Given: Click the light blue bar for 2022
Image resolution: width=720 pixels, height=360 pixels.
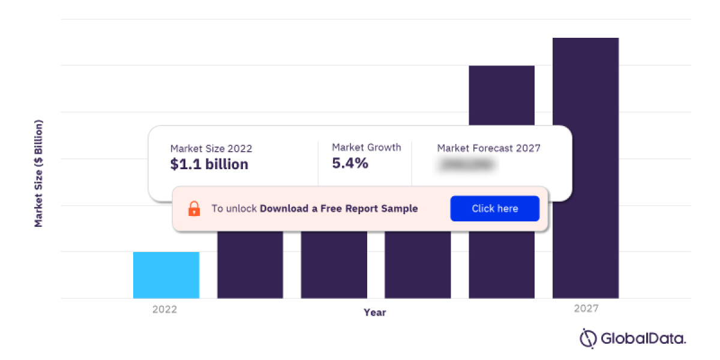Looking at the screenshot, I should (166, 275).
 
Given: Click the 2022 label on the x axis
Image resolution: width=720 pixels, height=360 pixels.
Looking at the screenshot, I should (164, 310).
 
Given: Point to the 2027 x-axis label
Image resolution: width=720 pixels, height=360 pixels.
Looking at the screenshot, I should (586, 309).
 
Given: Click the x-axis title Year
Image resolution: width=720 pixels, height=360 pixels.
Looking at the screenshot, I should (375, 313).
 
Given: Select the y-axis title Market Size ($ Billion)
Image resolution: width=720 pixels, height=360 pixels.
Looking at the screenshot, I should (39, 173).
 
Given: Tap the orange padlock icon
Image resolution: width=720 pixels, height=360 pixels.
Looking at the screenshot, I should (194, 209).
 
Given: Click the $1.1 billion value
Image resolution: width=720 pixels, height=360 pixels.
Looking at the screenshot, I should (209, 164).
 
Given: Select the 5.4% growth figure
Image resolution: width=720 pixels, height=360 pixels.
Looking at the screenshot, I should (350, 163).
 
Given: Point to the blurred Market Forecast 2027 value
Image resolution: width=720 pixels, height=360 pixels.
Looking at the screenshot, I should (467, 164).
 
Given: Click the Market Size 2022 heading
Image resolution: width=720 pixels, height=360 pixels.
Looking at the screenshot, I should (211, 148).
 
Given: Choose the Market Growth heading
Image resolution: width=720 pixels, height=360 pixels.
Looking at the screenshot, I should (367, 147).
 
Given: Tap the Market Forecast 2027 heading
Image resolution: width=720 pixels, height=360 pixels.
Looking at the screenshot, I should (489, 148).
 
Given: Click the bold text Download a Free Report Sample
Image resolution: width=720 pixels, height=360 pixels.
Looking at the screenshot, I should (339, 209).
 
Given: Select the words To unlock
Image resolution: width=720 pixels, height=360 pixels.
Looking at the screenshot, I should (234, 209).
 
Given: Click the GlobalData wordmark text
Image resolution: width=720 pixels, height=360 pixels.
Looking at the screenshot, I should (643, 338).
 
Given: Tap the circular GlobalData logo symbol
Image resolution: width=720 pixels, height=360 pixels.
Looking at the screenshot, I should (588, 338).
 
